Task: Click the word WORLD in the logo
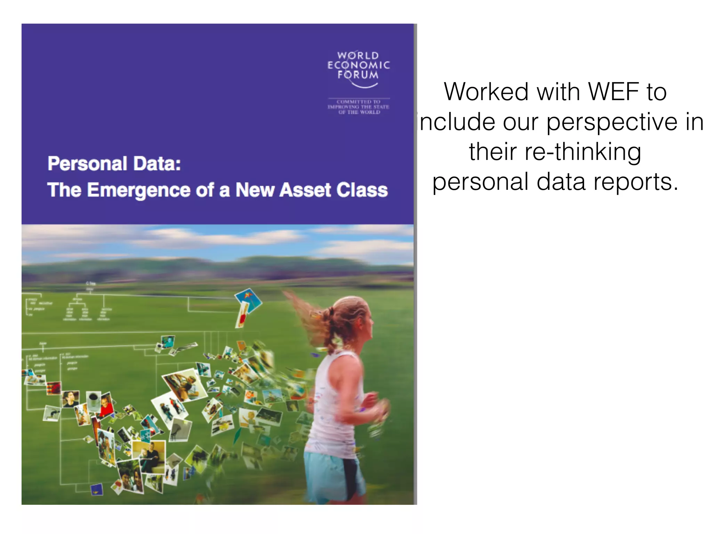358,56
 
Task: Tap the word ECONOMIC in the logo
358,65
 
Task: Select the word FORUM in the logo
358,75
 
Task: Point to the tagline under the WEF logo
358,107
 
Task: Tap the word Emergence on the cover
138,190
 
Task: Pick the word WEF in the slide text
613,92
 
